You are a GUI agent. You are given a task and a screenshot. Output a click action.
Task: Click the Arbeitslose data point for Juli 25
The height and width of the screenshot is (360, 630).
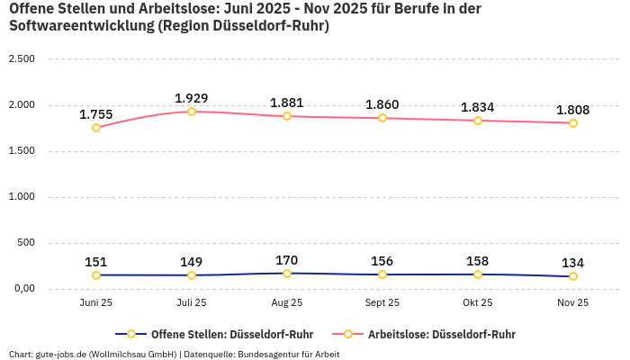(192, 112)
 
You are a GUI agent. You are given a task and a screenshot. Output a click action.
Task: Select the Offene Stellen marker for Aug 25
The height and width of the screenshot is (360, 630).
(287, 274)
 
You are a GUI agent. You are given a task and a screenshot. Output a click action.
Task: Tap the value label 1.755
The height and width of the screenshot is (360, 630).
(96, 114)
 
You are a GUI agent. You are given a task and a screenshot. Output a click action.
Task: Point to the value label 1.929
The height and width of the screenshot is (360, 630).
(192, 98)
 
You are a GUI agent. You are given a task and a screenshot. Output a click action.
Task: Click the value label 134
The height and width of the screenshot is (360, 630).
(573, 263)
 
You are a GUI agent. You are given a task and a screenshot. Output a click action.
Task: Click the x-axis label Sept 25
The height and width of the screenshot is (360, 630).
(382, 303)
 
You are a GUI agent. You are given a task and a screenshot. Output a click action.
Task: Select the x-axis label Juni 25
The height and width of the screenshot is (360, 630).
(96, 303)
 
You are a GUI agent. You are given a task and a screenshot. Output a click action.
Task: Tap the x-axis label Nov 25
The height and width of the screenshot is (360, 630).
(573, 303)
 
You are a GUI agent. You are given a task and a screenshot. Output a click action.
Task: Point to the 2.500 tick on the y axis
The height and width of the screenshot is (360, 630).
(21, 59)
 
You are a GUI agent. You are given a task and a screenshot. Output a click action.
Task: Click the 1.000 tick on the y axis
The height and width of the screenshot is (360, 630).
(21, 197)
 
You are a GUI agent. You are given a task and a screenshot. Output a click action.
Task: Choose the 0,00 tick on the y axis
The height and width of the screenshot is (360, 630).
(21, 289)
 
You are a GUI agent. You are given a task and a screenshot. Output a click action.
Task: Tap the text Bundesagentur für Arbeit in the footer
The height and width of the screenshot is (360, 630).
(290, 354)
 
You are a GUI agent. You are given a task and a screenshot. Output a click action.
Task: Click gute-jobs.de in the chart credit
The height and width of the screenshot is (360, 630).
(60, 354)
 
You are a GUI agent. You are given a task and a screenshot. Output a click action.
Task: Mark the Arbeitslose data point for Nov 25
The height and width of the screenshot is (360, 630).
(573, 123)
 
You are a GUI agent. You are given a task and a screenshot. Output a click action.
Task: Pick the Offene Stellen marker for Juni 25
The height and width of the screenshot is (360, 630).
(96, 275)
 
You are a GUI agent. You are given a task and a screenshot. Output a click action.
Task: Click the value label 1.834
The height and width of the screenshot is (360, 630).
(478, 107)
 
